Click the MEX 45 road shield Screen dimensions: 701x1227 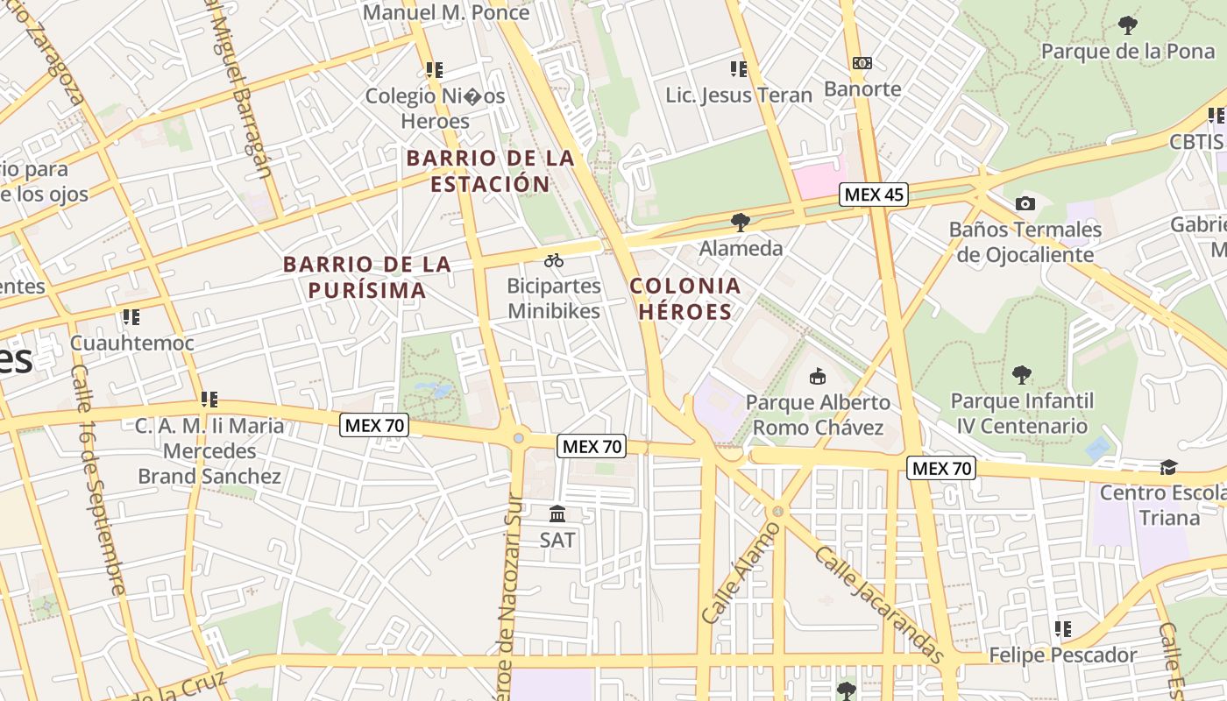point(873,195)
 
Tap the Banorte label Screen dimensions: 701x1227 point(862,89)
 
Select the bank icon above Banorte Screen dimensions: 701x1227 point(862,63)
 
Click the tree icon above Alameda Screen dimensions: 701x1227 point(741,223)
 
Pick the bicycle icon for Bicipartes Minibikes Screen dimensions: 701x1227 point(554,260)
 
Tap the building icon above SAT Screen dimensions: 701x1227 point(557,513)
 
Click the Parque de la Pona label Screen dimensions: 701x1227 point(1128,51)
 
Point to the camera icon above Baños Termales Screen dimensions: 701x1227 point(1025,204)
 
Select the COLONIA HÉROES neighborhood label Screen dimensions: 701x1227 point(684,298)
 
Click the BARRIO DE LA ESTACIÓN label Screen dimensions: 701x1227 point(490,171)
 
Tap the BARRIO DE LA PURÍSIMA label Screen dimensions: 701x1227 point(367,277)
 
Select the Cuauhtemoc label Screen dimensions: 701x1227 point(131,343)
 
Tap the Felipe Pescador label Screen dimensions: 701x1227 point(1062,655)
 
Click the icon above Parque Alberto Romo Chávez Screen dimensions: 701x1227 point(818,377)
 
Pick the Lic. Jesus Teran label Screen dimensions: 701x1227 point(739,95)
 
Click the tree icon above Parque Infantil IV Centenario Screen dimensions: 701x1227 point(1022,376)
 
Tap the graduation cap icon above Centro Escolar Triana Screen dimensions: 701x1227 point(1168,467)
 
